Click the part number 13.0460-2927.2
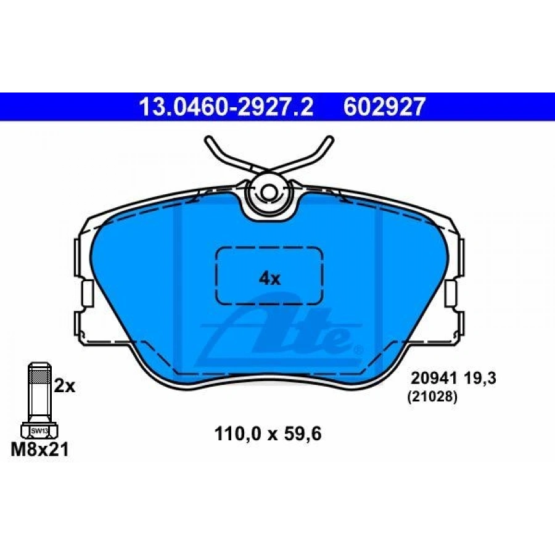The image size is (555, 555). [x=226, y=107]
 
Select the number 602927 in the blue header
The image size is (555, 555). [x=384, y=107]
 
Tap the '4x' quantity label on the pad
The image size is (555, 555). [x=269, y=279]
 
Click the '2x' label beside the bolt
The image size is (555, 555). [x=64, y=386]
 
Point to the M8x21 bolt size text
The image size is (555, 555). [x=39, y=450]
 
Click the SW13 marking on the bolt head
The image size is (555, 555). [x=39, y=431]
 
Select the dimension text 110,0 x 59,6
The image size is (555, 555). [x=268, y=434]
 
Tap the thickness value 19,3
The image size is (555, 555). [x=479, y=379]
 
